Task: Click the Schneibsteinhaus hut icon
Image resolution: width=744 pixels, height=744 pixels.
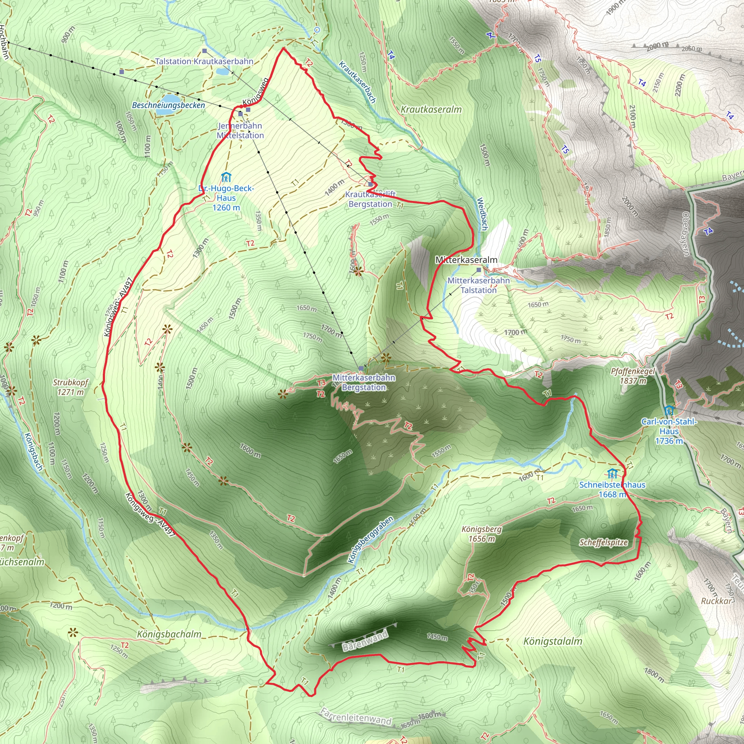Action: click(612, 473)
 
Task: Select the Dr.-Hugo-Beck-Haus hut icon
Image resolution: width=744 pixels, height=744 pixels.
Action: click(226, 177)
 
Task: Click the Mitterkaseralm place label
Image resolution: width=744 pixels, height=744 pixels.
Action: click(466, 260)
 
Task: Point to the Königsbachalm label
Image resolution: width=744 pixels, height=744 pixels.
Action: click(169, 634)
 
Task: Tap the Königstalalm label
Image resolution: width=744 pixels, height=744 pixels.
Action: click(553, 641)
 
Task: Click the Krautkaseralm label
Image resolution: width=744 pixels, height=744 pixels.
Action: click(431, 109)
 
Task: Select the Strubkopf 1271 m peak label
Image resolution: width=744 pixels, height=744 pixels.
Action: click(70, 387)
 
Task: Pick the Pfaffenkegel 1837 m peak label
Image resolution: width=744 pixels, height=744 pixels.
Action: click(633, 376)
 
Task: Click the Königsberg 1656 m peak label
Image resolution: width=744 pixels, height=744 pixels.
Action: click(482, 534)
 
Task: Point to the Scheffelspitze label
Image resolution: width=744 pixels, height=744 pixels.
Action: click(603, 543)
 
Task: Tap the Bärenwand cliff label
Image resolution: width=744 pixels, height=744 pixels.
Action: click(365, 642)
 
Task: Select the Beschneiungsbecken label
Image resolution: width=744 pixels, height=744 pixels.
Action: click(168, 105)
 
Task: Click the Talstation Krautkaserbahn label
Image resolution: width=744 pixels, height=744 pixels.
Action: click(204, 61)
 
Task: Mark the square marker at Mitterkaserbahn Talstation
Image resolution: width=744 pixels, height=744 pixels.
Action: click(479, 270)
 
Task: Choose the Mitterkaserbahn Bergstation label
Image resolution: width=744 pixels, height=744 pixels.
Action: click(364, 383)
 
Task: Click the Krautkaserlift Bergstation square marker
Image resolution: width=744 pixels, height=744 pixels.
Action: click(371, 185)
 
